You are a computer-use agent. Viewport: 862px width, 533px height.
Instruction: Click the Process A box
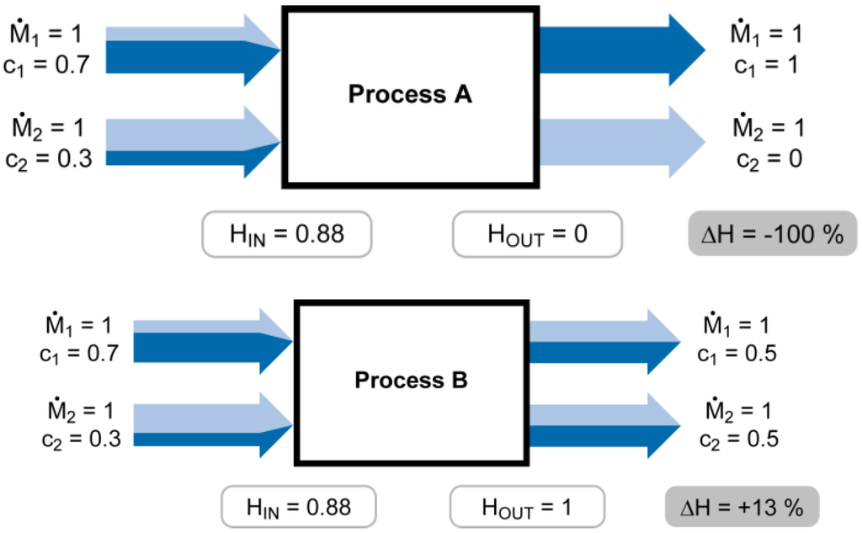tap(410, 94)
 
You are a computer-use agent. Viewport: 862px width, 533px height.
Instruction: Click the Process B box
tap(411, 381)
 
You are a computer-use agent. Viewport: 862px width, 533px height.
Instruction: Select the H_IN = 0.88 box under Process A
tap(287, 233)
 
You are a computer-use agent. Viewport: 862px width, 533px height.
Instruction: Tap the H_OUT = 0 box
tap(536, 233)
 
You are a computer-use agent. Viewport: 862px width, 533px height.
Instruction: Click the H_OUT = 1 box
tap(527, 508)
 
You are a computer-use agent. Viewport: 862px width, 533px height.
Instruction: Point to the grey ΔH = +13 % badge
tap(742, 508)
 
